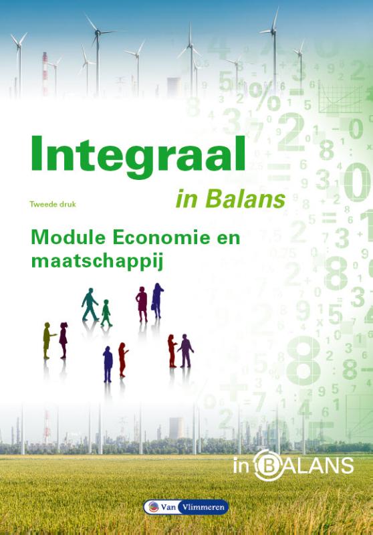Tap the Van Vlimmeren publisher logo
point(186,507)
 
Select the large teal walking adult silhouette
point(90,305)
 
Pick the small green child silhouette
point(106,312)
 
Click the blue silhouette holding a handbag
point(158,300)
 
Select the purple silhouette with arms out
point(185,349)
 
